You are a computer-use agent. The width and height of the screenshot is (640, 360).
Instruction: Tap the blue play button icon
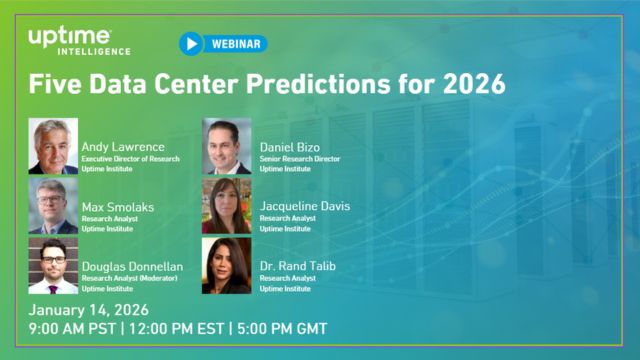(x=191, y=44)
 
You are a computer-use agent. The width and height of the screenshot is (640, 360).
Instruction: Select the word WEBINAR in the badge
(x=237, y=44)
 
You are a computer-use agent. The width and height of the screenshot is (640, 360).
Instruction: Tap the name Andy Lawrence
(x=123, y=147)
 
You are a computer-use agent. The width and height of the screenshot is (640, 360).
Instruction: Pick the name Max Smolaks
(x=117, y=206)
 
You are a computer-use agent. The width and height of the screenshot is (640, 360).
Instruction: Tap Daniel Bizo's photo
(x=227, y=147)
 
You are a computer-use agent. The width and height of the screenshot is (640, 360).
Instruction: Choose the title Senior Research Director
(x=299, y=159)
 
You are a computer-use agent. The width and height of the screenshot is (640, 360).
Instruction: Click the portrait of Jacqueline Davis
(x=227, y=206)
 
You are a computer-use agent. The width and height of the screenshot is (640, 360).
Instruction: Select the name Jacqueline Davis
(x=304, y=206)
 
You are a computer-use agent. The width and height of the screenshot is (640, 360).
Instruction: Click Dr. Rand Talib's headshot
(x=227, y=265)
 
